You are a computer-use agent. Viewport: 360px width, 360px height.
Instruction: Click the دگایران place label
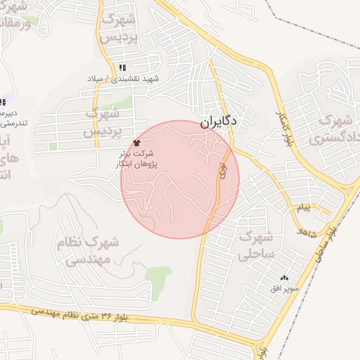pyautogui.click(x=219, y=121)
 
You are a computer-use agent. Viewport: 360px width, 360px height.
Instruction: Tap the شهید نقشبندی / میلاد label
pyautogui.click(x=124, y=79)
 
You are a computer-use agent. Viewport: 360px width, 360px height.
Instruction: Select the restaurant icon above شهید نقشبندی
pyautogui.click(x=122, y=68)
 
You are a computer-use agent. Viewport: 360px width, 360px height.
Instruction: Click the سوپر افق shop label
pyautogui.click(x=286, y=289)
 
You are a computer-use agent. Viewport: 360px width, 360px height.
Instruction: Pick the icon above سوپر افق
pyautogui.click(x=285, y=278)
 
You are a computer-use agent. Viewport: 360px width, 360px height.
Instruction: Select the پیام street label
pyautogui.click(x=303, y=208)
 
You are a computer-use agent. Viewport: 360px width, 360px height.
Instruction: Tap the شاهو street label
pyautogui.click(x=308, y=230)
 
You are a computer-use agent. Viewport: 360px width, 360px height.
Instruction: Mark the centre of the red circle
pyautogui.click(x=180, y=179)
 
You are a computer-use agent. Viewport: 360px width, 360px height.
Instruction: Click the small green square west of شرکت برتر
pyautogui.click(x=53, y=146)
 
